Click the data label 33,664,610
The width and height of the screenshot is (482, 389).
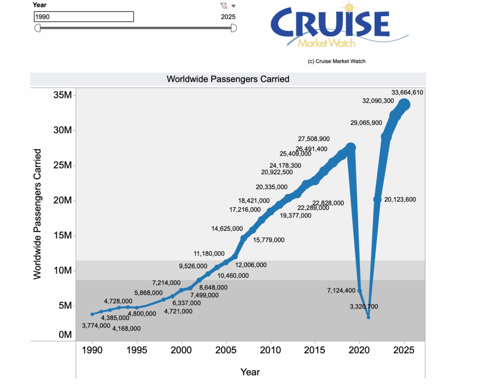tap(407, 92)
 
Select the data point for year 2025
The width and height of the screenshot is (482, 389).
tap(404, 104)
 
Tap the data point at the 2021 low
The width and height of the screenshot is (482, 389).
tap(369, 318)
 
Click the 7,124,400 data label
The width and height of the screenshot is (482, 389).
tap(341, 291)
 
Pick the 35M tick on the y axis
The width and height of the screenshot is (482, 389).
tap(62, 95)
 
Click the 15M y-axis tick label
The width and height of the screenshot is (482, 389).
tap(62, 236)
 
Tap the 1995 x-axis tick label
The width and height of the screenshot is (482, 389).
tap(137, 351)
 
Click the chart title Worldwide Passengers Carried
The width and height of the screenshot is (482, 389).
tap(228, 79)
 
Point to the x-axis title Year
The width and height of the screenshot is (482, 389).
tap(250, 372)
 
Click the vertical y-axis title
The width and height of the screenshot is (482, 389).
tap(38, 214)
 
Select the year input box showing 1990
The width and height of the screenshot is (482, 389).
tap(84, 17)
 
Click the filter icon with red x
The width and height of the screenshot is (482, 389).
tap(224, 6)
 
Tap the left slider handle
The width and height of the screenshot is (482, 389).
tap(38, 28)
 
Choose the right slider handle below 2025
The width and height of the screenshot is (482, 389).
tap(233, 28)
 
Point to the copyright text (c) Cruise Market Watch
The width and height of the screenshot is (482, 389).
tap(336, 61)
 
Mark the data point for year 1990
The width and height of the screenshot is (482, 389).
tap(92, 314)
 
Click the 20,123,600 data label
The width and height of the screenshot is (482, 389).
tap(400, 199)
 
